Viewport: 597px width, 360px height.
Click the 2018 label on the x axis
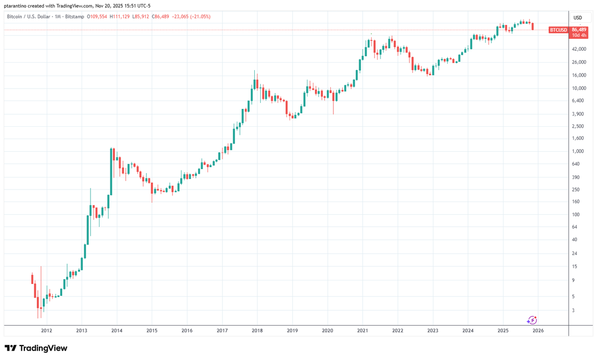point(257,330)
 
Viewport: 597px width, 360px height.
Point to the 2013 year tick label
point(82,330)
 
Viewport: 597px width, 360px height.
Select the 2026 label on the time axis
point(538,330)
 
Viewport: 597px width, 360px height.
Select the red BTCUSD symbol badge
point(558,30)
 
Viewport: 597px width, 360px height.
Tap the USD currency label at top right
point(578,18)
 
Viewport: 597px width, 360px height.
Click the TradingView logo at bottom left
point(36,348)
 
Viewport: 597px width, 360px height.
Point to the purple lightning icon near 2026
point(532,320)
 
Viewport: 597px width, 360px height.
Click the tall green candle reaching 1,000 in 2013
point(111,172)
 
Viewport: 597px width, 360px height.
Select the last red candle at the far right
point(533,26)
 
